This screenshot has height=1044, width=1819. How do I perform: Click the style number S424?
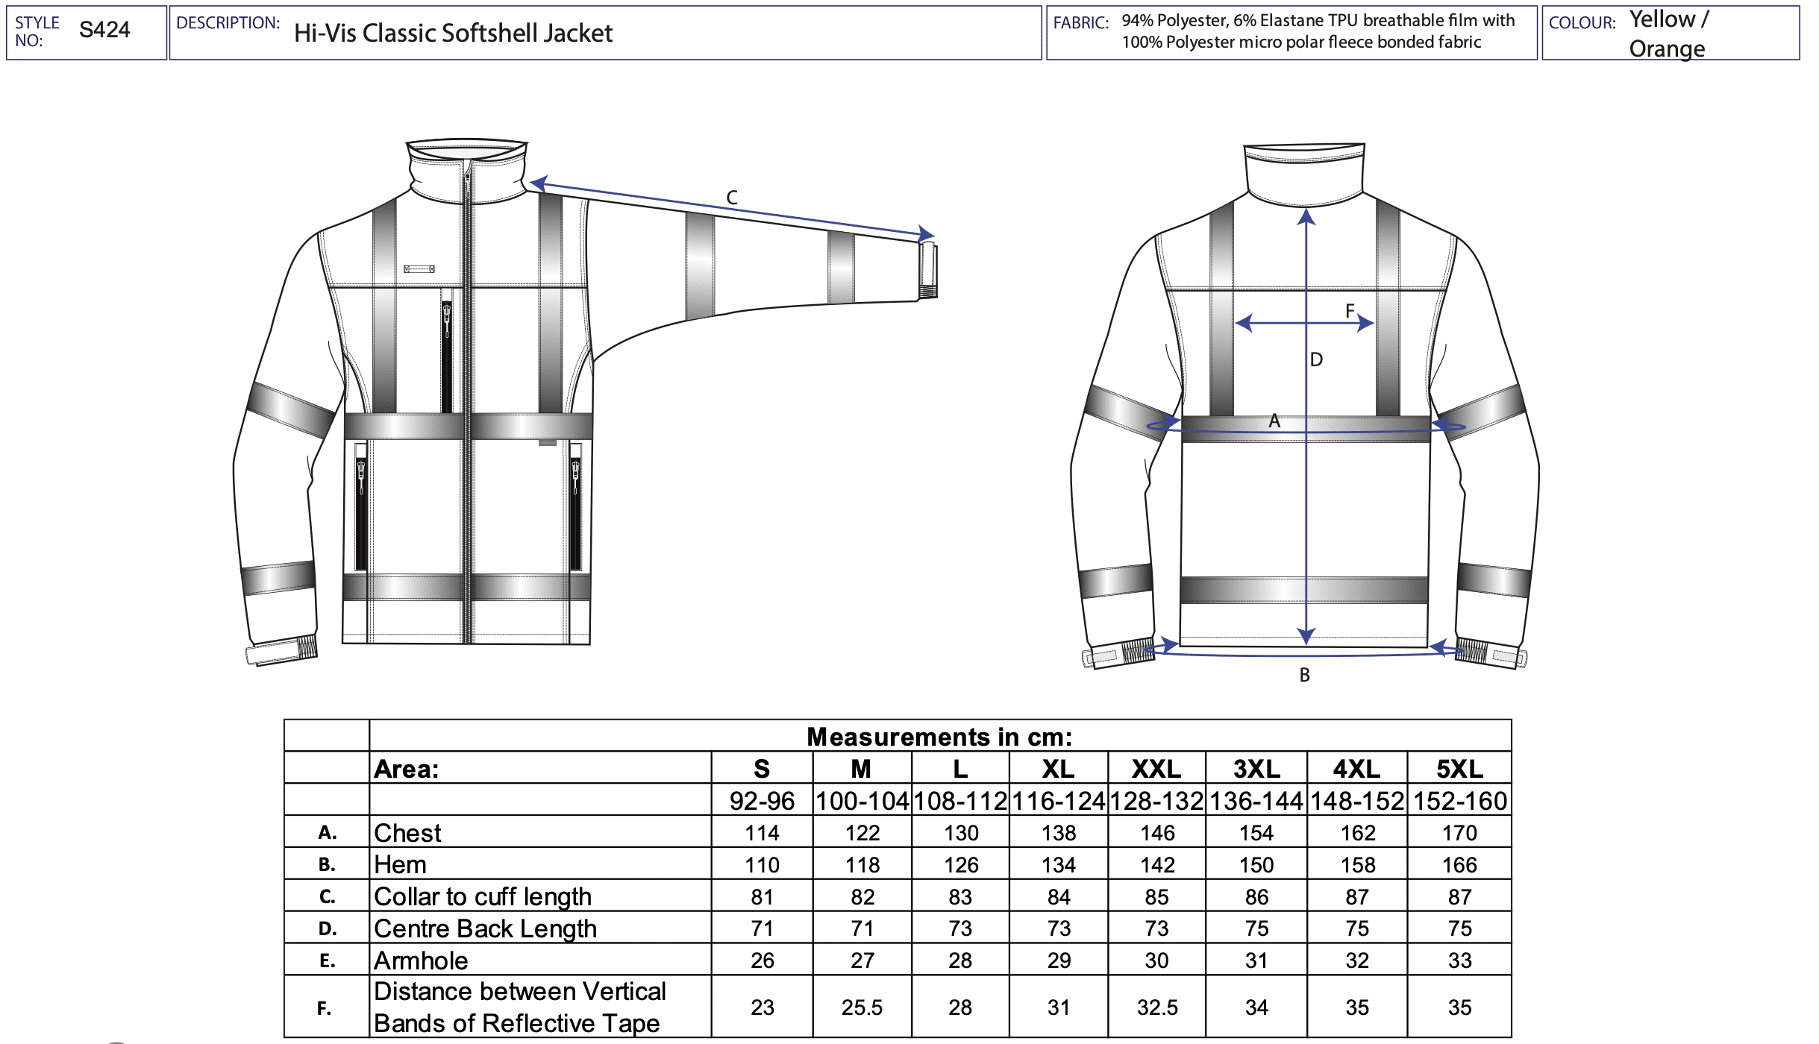[104, 30]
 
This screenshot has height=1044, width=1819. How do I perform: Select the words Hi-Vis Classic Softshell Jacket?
[453, 33]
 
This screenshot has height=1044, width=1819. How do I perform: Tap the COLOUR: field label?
[1582, 23]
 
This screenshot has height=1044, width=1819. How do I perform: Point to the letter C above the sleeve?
[732, 198]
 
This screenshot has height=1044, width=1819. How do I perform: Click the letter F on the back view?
[1350, 310]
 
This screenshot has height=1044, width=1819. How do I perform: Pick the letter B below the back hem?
[1304, 675]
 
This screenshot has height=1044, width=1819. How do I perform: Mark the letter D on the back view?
[1316, 359]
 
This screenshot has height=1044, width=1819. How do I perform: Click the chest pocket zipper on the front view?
[447, 350]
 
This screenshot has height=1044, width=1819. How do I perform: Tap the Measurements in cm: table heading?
[939, 737]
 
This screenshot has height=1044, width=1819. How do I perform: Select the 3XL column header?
[1256, 769]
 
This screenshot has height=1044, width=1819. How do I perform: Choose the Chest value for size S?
[762, 833]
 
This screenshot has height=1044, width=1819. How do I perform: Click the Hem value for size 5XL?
[1459, 865]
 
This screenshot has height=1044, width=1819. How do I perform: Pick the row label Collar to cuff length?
[483, 896]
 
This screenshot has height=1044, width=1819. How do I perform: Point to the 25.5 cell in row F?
[862, 1007]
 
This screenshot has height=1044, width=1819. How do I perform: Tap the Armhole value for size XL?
[1059, 960]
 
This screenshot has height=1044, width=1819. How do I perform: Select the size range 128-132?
[1156, 801]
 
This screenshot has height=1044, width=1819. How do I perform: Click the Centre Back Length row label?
[486, 928]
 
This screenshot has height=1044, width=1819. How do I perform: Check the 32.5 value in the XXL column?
[1157, 1007]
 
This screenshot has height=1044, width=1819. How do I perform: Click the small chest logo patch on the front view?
[419, 269]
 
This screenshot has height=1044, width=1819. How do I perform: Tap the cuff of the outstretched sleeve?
[927, 270]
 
